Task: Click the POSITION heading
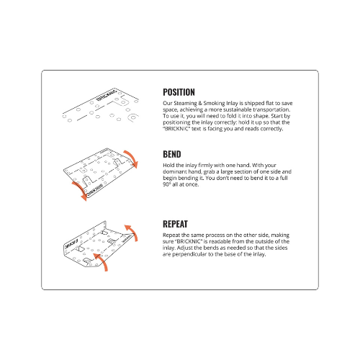click(179, 92)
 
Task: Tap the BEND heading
click(172, 154)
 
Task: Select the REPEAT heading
click(175, 224)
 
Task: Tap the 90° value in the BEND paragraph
click(167, 184)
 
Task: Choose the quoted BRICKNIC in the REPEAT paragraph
click(189, 241)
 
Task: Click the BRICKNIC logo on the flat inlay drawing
click(107, 95)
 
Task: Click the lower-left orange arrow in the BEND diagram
click(79, 191)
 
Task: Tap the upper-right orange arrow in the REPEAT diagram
click(132, 233)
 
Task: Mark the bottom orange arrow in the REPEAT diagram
click(102, 261)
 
